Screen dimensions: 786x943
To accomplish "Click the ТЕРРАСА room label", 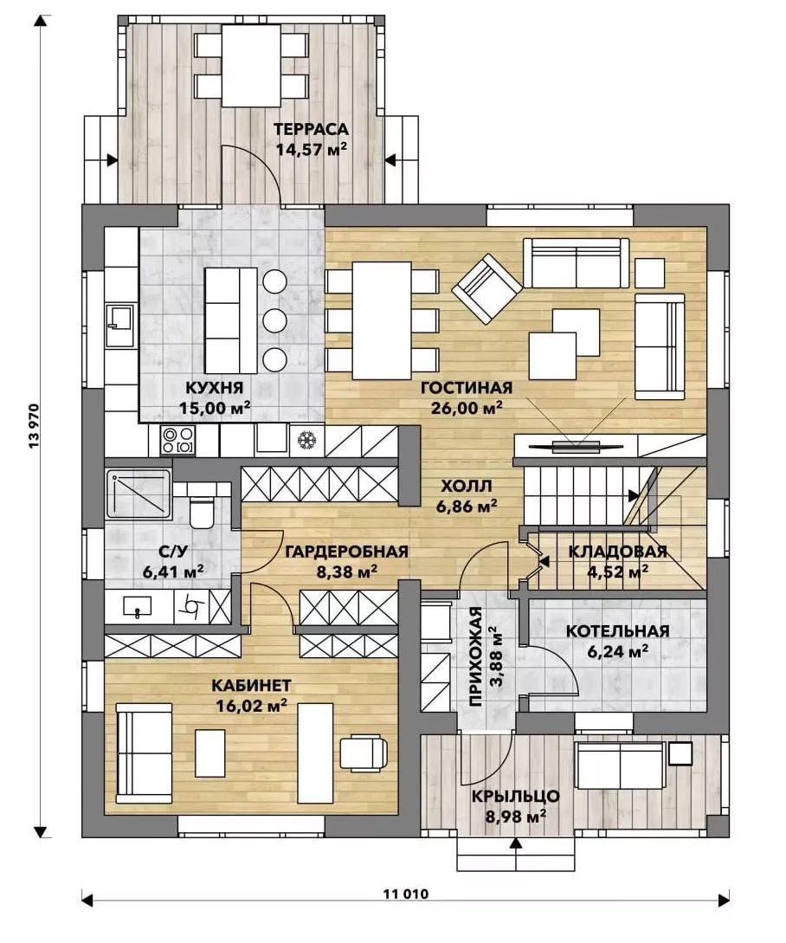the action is [x=311, y=129].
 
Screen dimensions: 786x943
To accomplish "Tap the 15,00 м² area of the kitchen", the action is [x=215, y=408].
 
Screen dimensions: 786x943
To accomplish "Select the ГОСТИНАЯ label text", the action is [x=467, y=387].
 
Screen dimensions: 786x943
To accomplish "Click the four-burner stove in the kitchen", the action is [x=177, y=440].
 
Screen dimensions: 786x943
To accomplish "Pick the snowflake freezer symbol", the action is [x=307, y=440].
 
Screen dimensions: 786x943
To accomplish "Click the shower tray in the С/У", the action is [x=139, y=494].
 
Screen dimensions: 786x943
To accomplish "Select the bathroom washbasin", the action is [x=137, y=606].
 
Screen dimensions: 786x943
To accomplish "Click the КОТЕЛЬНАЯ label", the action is [x=617, y=631].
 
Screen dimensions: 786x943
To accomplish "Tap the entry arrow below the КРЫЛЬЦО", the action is [x=515, y=845].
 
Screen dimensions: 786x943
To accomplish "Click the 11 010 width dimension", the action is [x=406, y=894].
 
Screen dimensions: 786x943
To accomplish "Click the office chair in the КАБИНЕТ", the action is [x=364, y=752].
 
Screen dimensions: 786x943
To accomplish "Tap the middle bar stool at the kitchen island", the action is [x=274, y=320].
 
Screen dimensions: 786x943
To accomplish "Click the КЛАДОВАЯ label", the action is [x=617, y=552].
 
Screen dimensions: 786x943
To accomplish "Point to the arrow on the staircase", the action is [x=633, y=495].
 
